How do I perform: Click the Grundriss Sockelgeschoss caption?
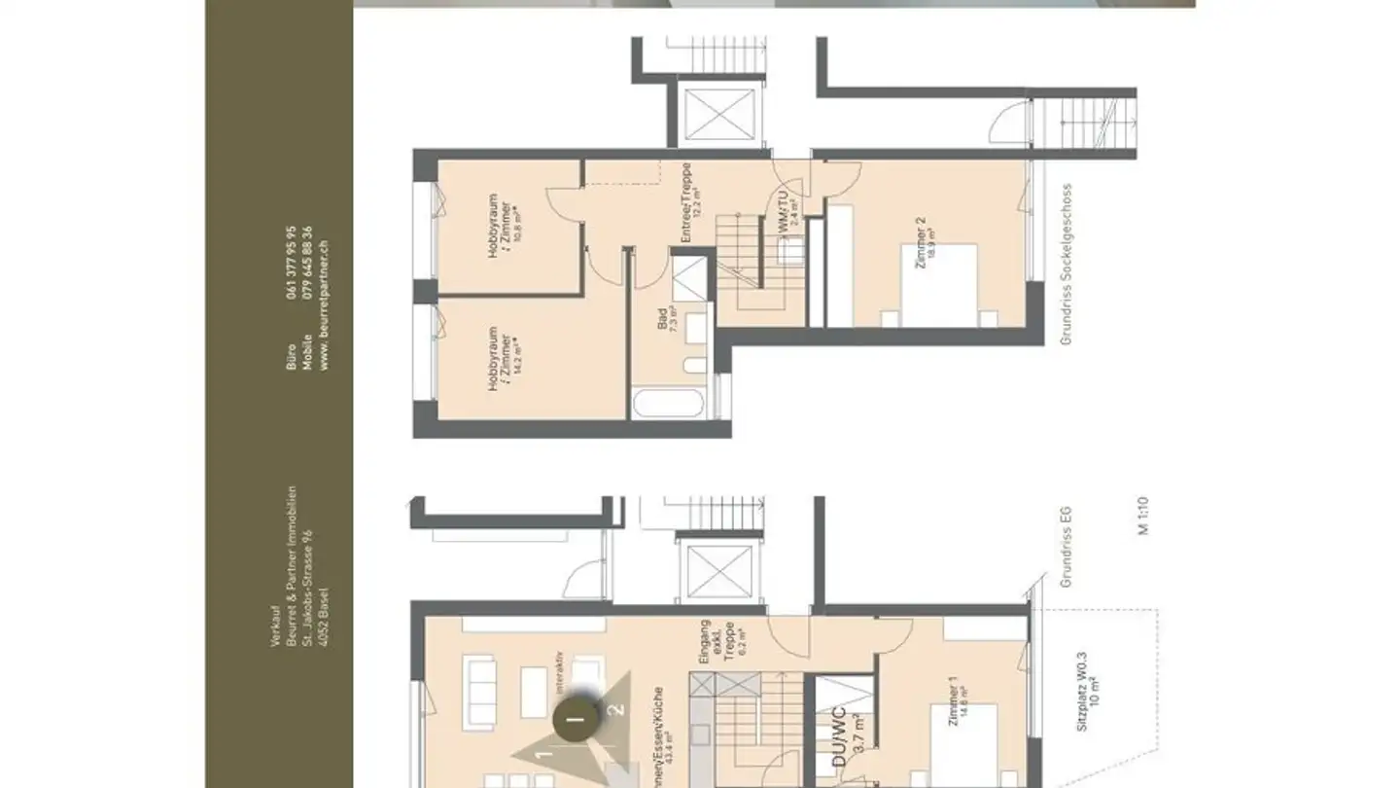[x=1067, y=265]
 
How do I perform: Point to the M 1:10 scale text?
[x=1144, y=516]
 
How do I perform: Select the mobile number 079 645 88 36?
[x=308, y=262]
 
